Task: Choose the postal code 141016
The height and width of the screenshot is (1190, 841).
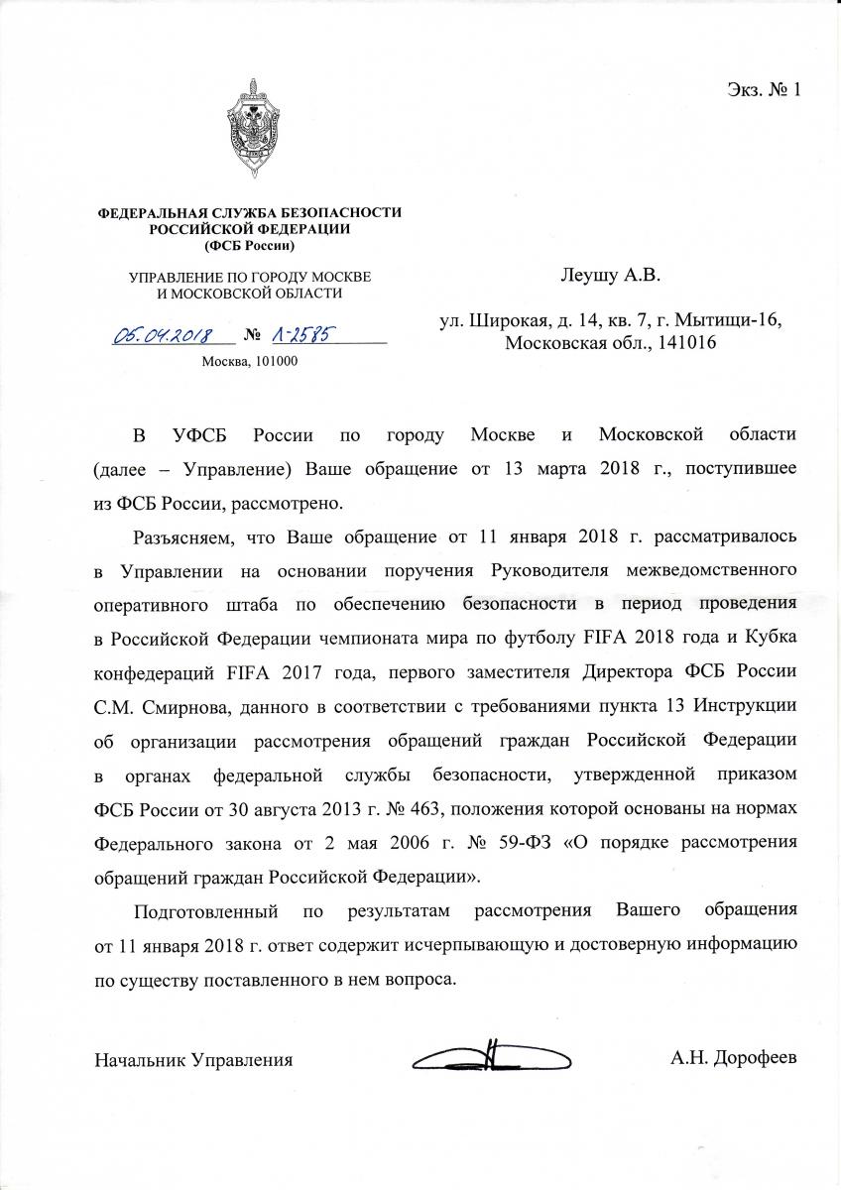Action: (x=682, y=343)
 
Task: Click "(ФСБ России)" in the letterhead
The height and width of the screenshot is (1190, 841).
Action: (x=249, y=245)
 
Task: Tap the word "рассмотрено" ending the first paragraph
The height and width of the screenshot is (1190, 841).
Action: (x=294, y=502)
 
